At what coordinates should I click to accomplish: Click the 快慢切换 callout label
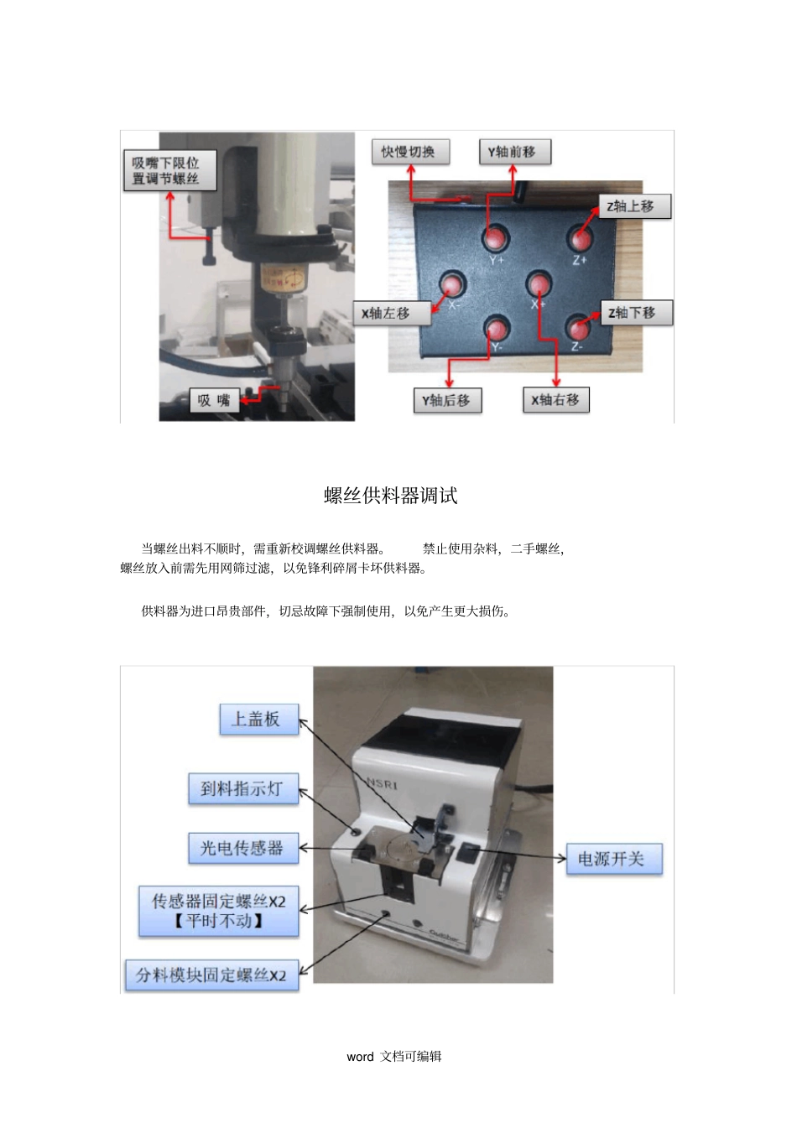pyautogui.click(x=410, y=152)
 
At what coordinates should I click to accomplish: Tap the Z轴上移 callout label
pyautogui.click(x=634, y=206)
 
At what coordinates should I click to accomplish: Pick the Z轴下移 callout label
pyautogui.click(x=635, y=313)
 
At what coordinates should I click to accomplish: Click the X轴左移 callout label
pyautogui.click(x=391, y=313)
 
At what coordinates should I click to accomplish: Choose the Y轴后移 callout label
pyautogui.click(x=447, y=400)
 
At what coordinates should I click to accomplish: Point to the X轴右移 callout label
pyautogui.click(x=555, y=400)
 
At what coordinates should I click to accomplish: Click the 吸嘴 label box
pyautogui.click(x=214, y=400)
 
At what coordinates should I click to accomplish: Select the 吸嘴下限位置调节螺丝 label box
pyautogui.click(x=170, y=170)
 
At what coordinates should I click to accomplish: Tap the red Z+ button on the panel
pyautogui.click(x=580, y=237)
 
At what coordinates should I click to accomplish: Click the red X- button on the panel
pyautogui.click(x=451, y=283)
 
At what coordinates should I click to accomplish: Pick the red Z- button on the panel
pyautogui.click(x=578, y=327)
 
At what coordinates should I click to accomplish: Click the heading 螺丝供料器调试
pyautogui.click(x=391, y=496)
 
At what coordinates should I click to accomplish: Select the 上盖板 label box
pyautogui.click(x=258, y=720)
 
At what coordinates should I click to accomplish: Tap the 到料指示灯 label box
pyautogui.click(x=243, y=789)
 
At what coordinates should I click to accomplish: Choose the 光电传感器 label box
pyautogui.click(x=243, y=849)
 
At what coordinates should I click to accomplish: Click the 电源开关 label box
pyautogui.click(x=614, y=859)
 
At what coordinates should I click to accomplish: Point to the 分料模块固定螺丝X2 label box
pyautogui.click(x=211, y=975)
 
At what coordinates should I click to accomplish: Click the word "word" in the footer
pyautogui.click(x=360, y=1057)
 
